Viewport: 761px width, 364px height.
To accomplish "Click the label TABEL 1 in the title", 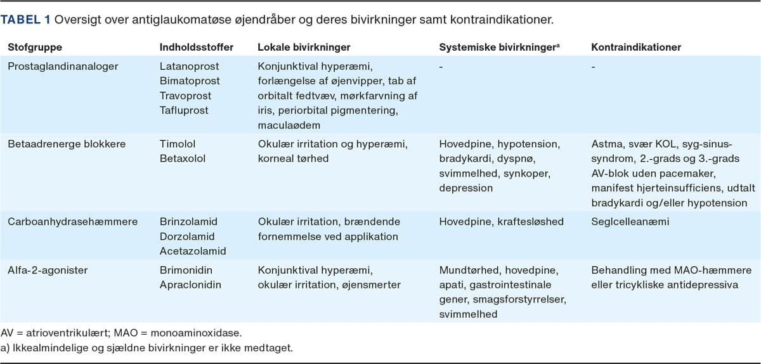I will coord(26,19).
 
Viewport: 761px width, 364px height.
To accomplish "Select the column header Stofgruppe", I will coord(35,48).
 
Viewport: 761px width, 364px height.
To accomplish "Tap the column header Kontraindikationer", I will coord(636,48).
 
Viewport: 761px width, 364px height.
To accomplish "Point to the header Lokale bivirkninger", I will coord(304,48).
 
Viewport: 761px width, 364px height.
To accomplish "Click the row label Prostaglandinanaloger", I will coord(54,66).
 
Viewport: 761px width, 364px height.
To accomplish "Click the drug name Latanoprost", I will coord(185,66).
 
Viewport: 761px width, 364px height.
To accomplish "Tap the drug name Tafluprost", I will coord(183,110).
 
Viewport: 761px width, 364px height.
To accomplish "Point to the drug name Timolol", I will coord(175,144).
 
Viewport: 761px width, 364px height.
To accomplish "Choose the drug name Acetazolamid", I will coord(189,251).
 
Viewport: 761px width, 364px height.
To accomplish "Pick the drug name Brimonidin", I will coord(183,270).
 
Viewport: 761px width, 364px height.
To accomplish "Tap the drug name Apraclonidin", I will coord(190,285).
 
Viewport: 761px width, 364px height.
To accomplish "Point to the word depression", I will coord(466,188).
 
